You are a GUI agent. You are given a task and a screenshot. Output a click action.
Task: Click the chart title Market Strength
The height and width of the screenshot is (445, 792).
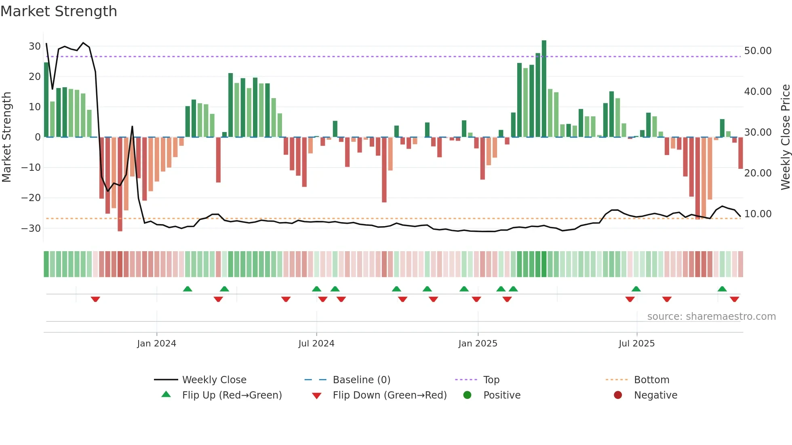pyautogui.click(x=59, y=11)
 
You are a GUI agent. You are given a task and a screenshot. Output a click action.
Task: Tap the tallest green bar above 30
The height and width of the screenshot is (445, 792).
pyautogui.click(x=544, y=89)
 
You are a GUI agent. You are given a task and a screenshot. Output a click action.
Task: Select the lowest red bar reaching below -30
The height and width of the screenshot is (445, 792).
pyautogui.click(x=120, y=184)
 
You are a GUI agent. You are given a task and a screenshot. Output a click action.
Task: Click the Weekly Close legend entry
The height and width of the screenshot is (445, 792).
pyautogui.click(x=214, y=380)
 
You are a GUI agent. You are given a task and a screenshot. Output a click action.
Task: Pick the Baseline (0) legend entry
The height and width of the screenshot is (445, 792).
pyautogui.click(x=361, y=380)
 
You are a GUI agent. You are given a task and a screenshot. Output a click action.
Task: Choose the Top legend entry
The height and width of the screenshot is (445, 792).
pyautogui.click(x=491, y=380)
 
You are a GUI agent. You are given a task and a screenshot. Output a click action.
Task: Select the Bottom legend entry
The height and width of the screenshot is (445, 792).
pyautogui.click(x=651, y=380)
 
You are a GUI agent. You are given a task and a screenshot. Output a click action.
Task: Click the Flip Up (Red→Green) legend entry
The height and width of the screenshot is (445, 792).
pyautogui.click(x=232, y=395)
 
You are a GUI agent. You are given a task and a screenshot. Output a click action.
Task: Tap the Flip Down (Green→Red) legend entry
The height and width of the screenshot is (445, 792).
pyautogui.click(x=389, y=395)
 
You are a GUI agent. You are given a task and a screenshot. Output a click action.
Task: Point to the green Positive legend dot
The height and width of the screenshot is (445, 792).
pyautogui.click(x=468, y=395)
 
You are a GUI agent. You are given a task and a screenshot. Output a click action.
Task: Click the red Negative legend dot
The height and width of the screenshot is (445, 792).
pyautogui.click(x=618, y=395)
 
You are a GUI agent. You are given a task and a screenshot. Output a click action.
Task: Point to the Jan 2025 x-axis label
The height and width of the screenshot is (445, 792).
pyautogui.click(x=478, y=344)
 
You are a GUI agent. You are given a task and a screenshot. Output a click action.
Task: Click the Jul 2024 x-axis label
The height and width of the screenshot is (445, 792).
pyautogui.click(x=316, y=344)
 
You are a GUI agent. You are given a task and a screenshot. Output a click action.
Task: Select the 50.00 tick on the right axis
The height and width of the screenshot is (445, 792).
pyautogui.click(x=758, y=51)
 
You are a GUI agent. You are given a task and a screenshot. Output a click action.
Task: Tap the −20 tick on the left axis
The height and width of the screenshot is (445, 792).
pyautogui.click(x=31, y=198)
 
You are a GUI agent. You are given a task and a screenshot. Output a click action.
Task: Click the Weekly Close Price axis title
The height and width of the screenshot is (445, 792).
pyautogui.click(x=785, y=137)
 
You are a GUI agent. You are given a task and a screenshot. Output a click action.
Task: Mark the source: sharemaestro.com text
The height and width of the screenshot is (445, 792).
pyautogui.click(x=711, y=317)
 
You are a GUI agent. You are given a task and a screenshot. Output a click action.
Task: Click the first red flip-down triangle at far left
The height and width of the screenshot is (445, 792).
pyautogui.click(x=95, y=299)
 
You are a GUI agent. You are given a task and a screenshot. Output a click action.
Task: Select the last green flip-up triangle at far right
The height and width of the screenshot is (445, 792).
pyautogui.click(x=722, y=289)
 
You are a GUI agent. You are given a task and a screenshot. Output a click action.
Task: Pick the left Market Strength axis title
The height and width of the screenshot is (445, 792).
pyautogui.click(x=6, y=137)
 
